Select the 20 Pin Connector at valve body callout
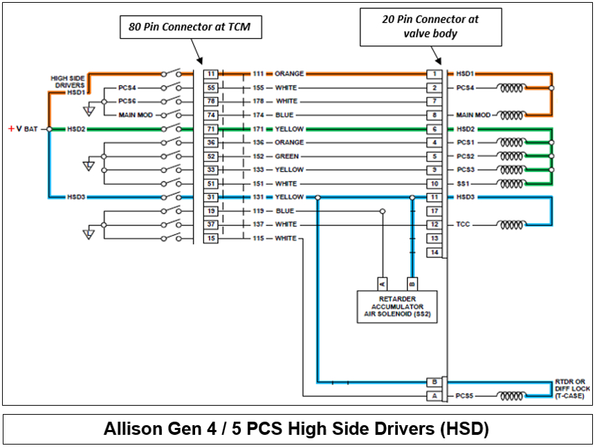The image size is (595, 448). tap(430, 26)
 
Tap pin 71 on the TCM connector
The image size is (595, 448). tap(211, 129)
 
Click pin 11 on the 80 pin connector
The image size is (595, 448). tap(211, 74)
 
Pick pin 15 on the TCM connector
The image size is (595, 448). tap(211, 239)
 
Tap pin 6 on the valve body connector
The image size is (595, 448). tap(434, 129)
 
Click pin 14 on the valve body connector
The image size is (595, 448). tap(434, 252)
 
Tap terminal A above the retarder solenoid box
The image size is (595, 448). tap(382, 283)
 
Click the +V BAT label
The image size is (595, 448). tap(23, 129)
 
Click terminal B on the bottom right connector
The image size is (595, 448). tap(434, 382)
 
